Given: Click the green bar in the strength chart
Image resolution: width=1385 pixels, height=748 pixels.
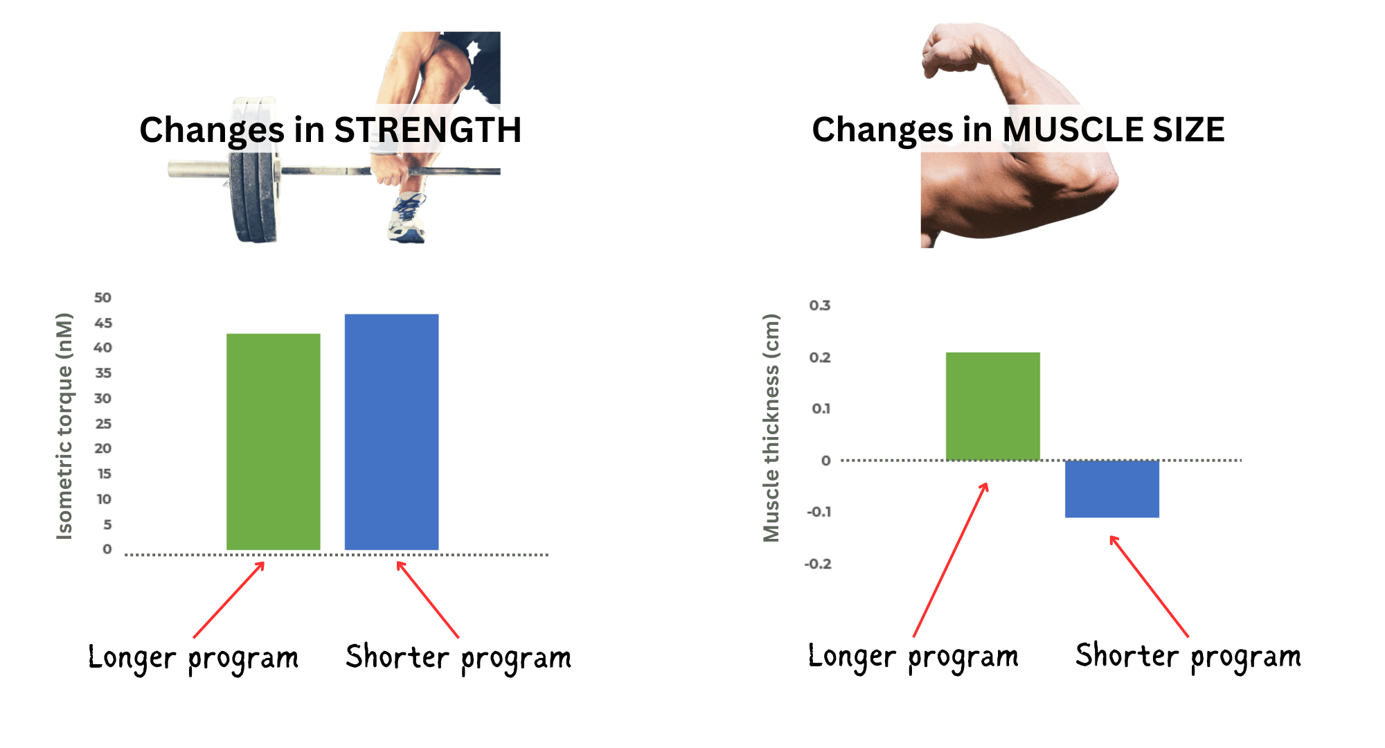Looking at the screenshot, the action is click(x=274, y=442).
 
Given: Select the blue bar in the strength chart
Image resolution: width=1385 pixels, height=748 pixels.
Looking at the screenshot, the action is click(x=392, y=432).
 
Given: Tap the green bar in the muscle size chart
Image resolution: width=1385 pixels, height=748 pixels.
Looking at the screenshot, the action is click(x=993, y=407).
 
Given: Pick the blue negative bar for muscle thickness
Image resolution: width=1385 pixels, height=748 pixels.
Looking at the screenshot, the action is click(x=1112, y=489).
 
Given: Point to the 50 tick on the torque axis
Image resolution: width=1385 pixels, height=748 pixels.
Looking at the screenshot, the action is click(x=102, y=298).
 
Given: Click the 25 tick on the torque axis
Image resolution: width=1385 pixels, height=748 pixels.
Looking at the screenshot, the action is click(x=103, y=424).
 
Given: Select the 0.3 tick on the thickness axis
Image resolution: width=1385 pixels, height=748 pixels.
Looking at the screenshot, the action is click(x=820, y=305).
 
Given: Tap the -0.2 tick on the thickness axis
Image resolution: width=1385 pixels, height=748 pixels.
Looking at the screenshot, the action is click(x=818, y=564).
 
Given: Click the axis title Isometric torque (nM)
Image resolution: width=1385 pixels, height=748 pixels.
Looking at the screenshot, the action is click(x=64, y=426).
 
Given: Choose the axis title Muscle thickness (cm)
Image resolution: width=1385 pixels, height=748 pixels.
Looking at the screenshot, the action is click(x=771, y=427).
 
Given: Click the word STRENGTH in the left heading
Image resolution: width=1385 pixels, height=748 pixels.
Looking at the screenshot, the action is click(x=428, y=130).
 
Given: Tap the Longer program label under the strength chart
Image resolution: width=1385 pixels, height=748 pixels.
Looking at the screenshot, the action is click(x=193, y=658).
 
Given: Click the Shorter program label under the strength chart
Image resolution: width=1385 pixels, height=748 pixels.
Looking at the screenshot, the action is click(x=458, y=658).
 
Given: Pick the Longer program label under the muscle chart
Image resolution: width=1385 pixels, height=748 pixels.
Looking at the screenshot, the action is click(x=913, y=657).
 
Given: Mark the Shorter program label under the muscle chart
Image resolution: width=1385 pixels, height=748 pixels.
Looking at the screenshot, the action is click(x=1188, y=657).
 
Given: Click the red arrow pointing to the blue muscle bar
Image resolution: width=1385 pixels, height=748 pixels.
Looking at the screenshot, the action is click(x=1150, y=586).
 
